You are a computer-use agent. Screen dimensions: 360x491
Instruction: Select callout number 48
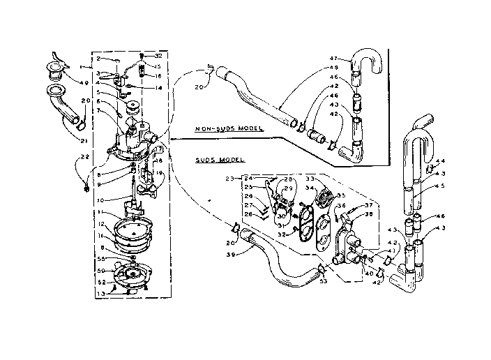click(333, 67)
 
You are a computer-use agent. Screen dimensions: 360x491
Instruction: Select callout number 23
click(229, 179)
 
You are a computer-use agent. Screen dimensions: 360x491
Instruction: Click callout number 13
click(102, 294)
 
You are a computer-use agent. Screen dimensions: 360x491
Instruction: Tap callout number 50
click(102, 270)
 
